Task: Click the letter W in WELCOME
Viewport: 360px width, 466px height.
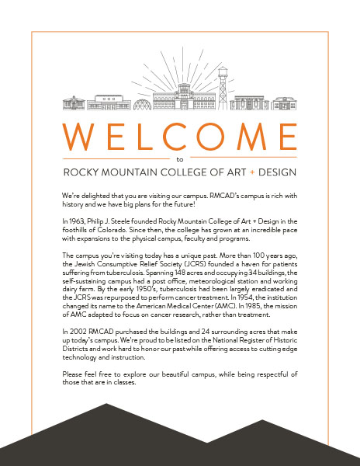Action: click(x=79, y=135)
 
